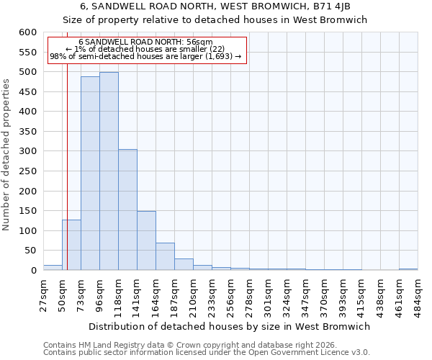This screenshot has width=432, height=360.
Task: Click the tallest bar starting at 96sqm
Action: pos(109,171)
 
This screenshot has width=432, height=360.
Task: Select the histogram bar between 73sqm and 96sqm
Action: pos(90,174)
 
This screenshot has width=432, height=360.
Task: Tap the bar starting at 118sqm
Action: pos(127,210)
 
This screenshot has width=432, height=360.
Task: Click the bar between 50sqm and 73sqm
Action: pos(71,245)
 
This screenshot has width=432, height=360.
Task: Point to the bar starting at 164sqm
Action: pos(165,256)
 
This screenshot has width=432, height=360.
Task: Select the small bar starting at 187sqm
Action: pos(184,264)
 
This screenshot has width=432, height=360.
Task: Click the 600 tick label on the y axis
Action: pos(27,32)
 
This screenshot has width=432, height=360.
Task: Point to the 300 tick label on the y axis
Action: pos(27,151)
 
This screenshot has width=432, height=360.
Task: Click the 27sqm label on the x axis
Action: pos(43,295)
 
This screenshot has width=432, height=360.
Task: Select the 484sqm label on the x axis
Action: pos(418,295)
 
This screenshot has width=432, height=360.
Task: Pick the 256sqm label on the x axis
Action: pos(230,295)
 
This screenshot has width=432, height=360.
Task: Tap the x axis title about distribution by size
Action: pos(230,326)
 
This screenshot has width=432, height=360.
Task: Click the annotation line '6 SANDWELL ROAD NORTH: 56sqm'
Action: pos(145,42)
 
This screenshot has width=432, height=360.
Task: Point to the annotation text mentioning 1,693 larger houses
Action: pos(145,56)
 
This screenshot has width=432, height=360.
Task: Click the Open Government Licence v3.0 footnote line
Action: pos(207,352)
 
